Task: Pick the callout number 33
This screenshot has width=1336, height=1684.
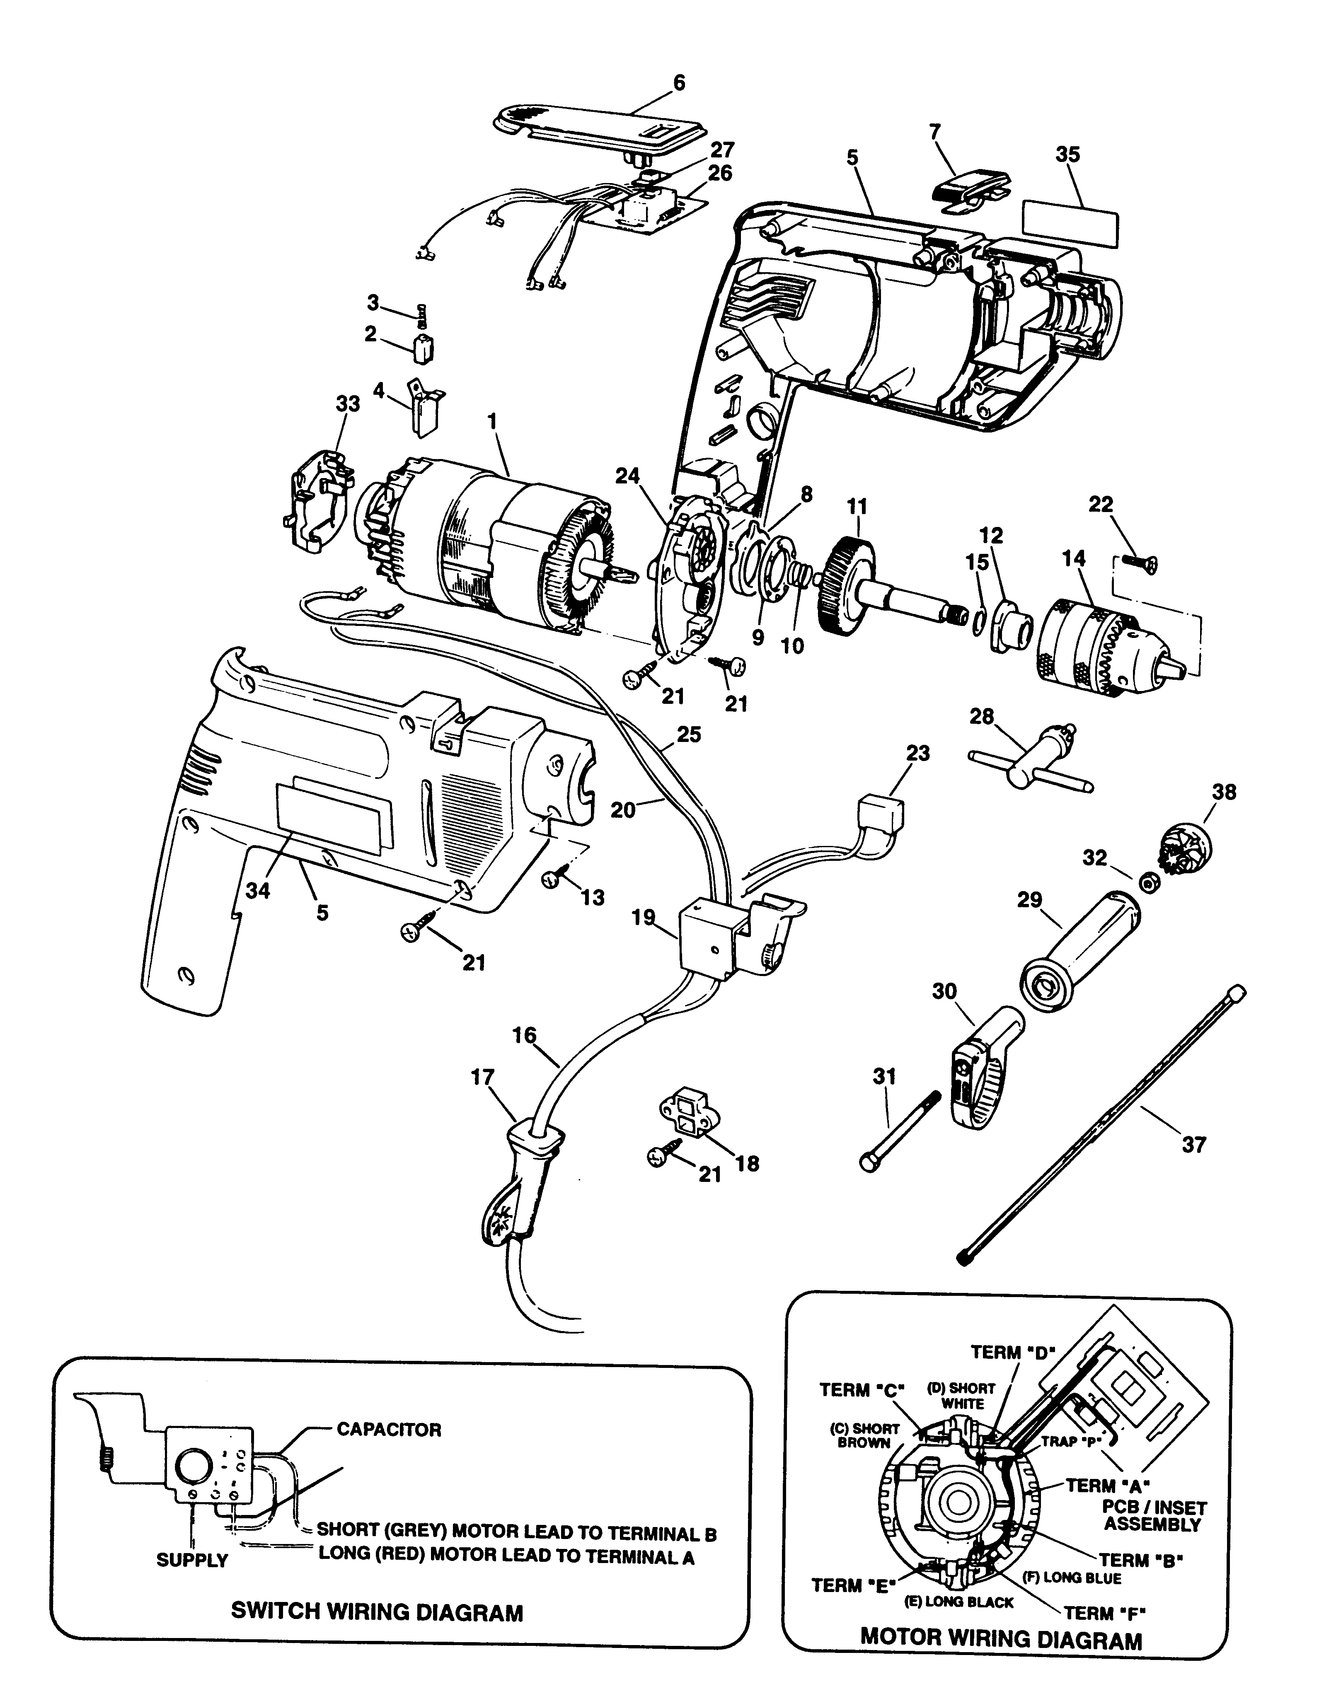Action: click(348, 404)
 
